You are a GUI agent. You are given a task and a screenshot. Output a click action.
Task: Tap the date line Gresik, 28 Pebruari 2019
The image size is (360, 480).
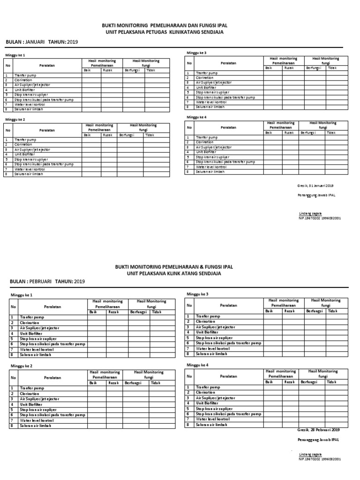(318, 429)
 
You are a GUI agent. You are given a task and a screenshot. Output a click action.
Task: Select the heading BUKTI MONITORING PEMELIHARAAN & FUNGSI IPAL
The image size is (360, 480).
(174, 266)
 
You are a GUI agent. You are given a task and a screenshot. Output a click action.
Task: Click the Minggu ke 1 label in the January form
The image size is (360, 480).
(15, 55)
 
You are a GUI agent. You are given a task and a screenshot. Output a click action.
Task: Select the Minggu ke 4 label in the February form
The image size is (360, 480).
(197, 364)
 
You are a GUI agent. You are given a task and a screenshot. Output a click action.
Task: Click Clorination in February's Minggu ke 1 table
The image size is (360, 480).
(29, 322)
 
